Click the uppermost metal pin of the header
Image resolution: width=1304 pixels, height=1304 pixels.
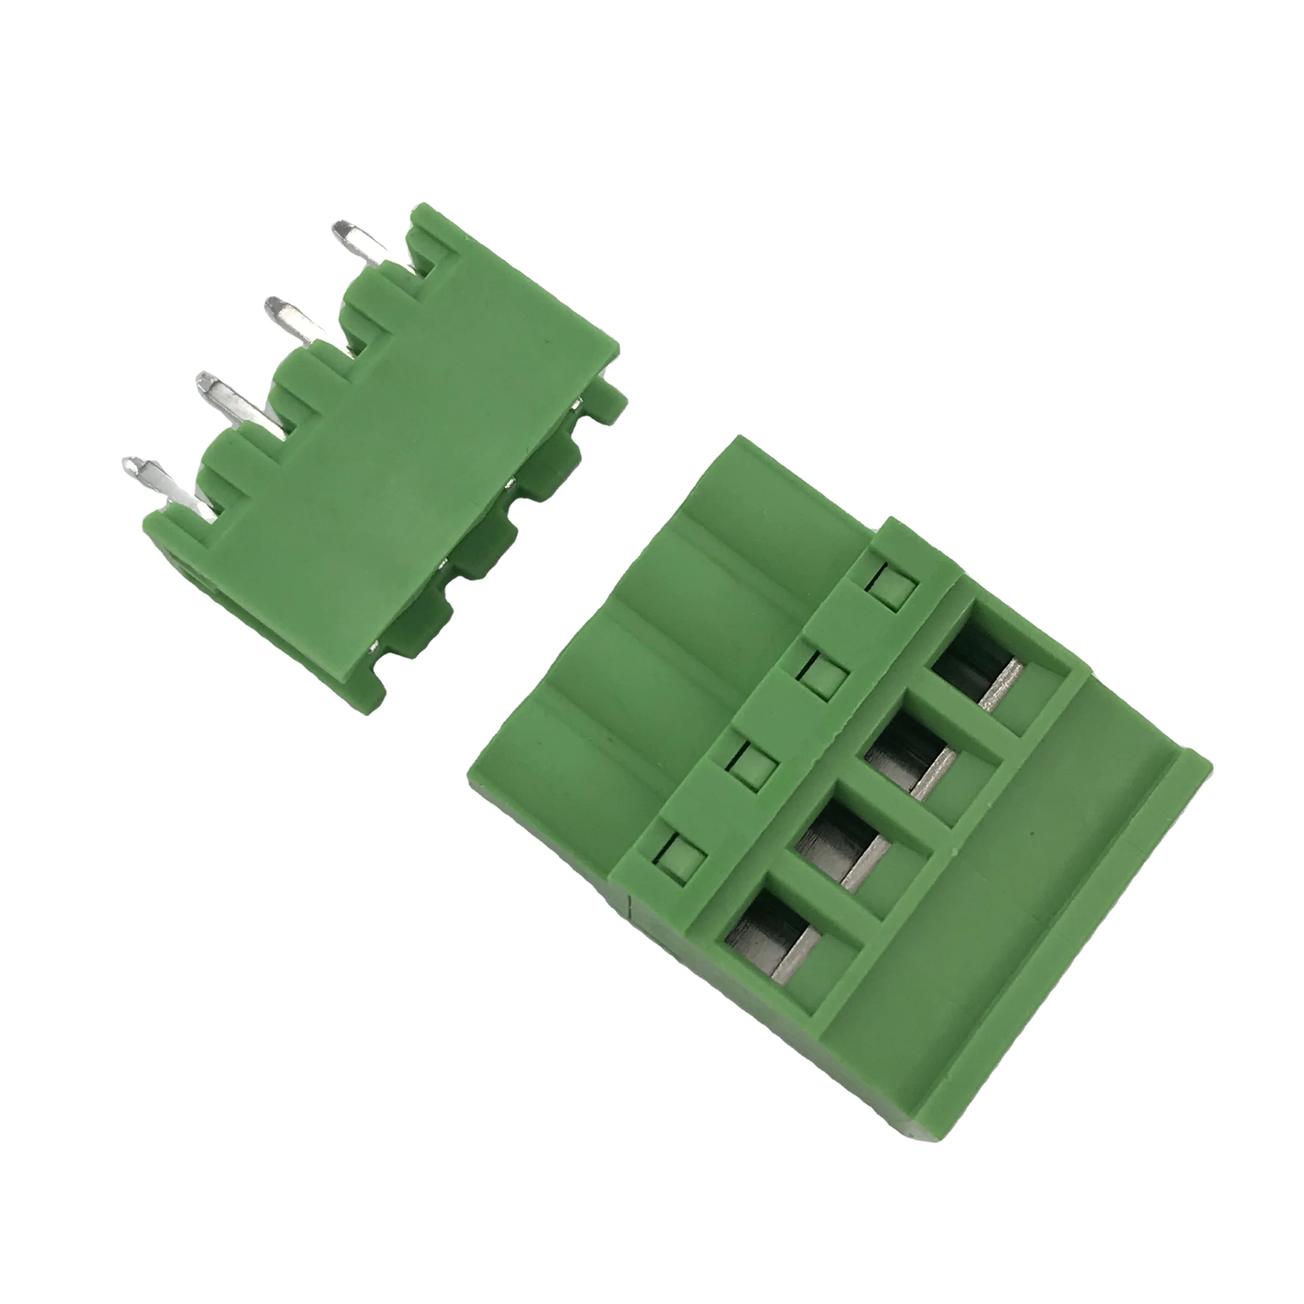361,246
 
